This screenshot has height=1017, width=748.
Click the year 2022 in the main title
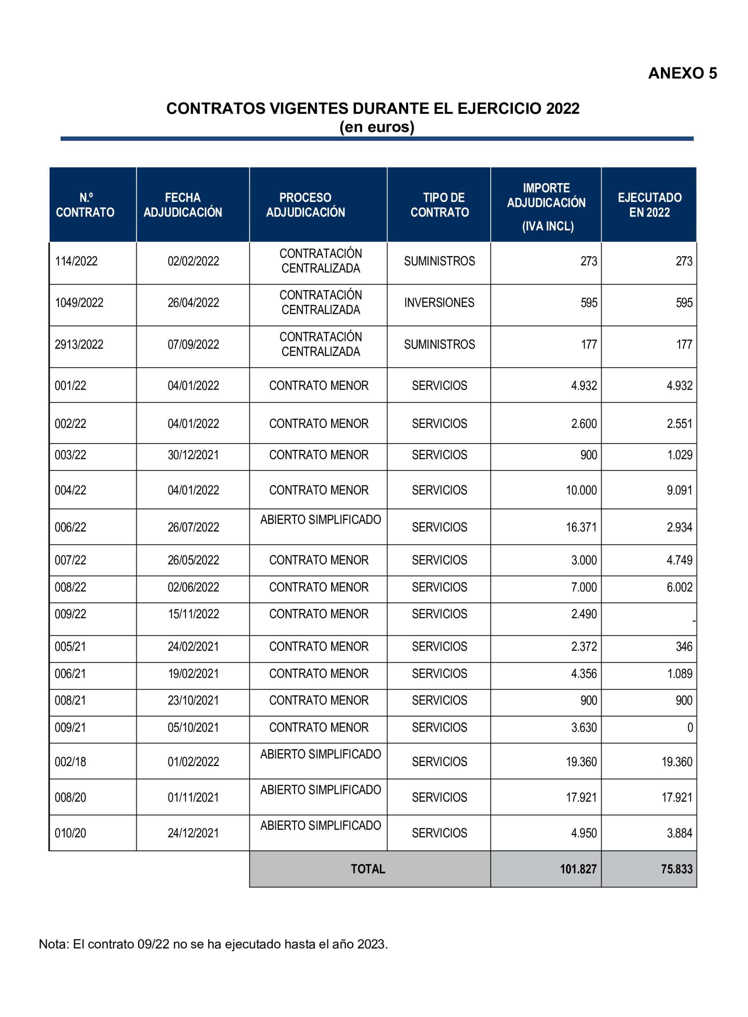click(562, 108)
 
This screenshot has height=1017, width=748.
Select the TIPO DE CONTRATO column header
click(439, 205)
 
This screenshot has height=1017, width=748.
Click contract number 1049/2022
click(79, 303)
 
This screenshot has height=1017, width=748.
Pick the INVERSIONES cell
click(439, 303)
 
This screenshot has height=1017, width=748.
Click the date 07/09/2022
click(193, 344)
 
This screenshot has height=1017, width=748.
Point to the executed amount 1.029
click(680, 455)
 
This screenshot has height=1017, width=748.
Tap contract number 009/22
click(70, 614)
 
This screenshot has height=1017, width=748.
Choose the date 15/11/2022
click(193, 614)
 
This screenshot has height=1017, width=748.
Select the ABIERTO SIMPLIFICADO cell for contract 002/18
click(321, 754)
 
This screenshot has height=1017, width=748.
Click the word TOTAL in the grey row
click(368, 869)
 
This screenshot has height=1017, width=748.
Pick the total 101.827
click(578, 869)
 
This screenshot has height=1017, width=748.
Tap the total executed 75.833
click(677, 869)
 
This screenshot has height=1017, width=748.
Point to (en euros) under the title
click(377, 127)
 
